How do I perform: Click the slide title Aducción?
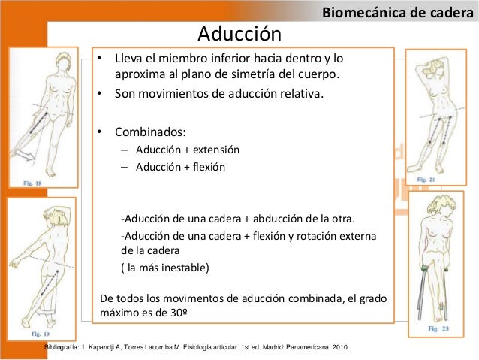[x=239, y=33]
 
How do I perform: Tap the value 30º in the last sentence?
[x=176, y=313]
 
